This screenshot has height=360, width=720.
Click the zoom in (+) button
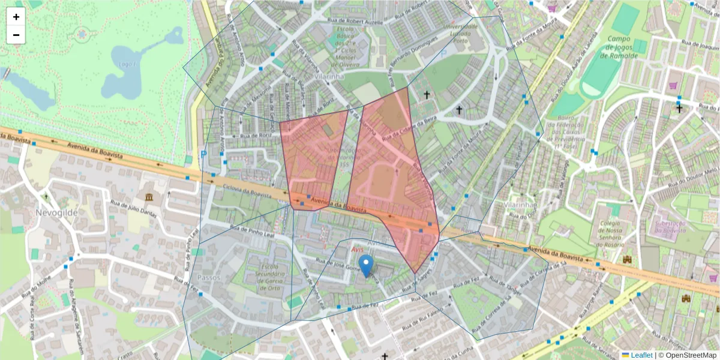click(x=16, y=17)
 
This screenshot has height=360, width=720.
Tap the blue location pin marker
click(x=365, y=265)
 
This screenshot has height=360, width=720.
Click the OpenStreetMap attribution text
click(x=688, y=355)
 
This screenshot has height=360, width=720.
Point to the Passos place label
click(x=208, y=278)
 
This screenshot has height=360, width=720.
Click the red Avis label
click(x=358, y=248)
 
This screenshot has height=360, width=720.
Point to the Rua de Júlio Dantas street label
click(x=133, y=208)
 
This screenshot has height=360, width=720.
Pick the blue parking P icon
click(x=203, y=154)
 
